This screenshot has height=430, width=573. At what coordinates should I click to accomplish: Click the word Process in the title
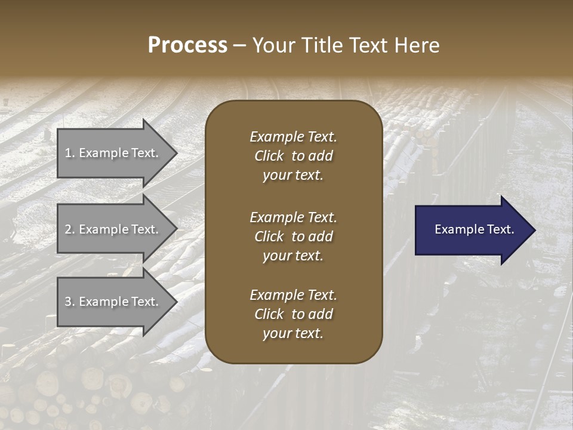click(187, 45)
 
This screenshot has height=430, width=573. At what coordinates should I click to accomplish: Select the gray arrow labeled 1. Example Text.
click(113, 153)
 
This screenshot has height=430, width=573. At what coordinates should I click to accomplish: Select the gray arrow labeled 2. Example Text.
click(113, 229)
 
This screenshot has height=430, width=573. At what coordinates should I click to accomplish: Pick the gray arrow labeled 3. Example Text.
click(113, 302)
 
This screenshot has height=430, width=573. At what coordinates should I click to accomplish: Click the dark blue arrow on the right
click(472, 230)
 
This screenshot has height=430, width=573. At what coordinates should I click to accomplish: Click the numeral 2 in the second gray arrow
click(68, 229)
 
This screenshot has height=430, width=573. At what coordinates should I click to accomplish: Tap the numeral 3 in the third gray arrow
click(68, 302)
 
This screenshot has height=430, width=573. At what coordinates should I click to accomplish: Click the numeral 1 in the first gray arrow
click(68, 153)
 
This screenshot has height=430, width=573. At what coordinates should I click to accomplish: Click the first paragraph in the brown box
click(293, 156)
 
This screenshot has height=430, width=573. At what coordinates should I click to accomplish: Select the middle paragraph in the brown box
click(293, 236)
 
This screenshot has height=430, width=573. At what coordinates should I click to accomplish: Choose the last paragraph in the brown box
click(293, 314)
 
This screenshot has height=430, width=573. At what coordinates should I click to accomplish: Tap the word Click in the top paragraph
click(269, 156)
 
